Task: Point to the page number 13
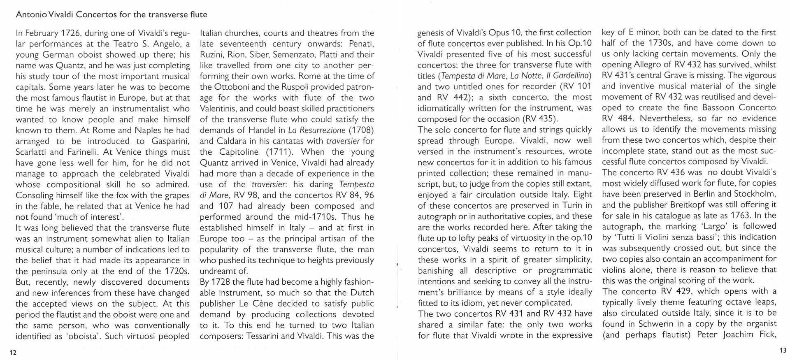pos(783,351)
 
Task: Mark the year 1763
pos(740,216)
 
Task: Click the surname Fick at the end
pos(767,334)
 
